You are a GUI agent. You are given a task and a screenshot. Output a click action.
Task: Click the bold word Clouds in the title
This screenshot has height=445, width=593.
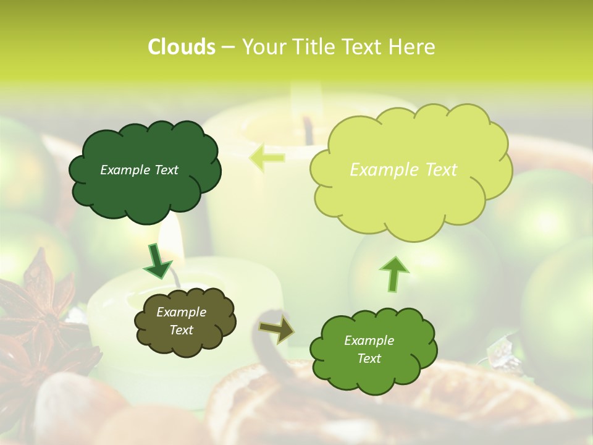[x=181, y=47]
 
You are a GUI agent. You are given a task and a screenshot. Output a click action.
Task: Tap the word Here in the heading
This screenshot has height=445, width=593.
[x=412, y=47]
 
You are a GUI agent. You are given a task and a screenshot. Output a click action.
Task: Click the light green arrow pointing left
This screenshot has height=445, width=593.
[x=267, y=157]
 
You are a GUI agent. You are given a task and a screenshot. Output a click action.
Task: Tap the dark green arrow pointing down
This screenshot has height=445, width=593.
[x=158, y=261]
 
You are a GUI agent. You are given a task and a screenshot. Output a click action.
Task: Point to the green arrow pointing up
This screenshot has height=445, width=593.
[x=393, y=274]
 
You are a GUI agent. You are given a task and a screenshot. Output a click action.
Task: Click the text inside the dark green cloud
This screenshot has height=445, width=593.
[x=139, y=170]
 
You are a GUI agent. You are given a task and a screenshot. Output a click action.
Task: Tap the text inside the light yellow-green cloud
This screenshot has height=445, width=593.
[x=403, y=170]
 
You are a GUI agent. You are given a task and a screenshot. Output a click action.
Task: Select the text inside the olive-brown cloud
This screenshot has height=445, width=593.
[x=182, y=321]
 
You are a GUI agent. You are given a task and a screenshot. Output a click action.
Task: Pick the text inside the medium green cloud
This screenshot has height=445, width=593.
[x=369, y=349]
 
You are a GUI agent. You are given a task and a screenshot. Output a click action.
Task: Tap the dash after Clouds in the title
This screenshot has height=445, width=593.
[x=228, y=47]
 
